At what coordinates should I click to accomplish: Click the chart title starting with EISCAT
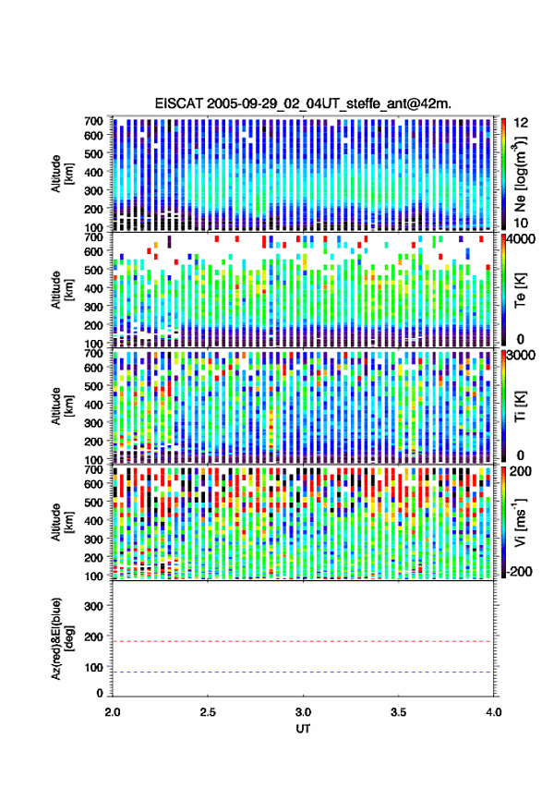click(x=303, y=103)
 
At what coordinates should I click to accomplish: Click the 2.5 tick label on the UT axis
click(x=208, y=712)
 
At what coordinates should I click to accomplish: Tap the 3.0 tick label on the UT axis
click(x=303, y=712)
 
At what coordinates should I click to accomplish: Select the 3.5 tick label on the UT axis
click(x=398, y=712)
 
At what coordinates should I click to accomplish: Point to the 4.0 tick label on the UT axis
click(x=493, y=712)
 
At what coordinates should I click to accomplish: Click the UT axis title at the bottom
click(x=303, y=729)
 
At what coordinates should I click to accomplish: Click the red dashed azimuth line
click(x=302, y=642)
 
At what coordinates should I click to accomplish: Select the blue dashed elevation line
click(x=302, y=673)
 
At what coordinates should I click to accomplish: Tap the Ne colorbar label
click(x=520, y=174)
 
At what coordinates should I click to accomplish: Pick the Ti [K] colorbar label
click(x=520, y=406)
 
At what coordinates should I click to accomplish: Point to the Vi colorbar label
click(x=520, y=522)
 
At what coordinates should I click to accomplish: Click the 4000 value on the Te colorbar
click(x=520, y=241)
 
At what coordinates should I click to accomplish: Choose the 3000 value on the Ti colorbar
click(x=520, y=356)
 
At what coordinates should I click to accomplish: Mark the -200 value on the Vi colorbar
click(x=520, y=571)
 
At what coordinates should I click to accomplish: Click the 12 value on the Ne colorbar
click(x=521, y=123)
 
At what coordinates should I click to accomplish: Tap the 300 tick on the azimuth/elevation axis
click(x=93, y=606)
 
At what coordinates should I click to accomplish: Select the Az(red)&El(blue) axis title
click(x=62, y=638)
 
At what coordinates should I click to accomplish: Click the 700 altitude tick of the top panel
click(x=93, y=121)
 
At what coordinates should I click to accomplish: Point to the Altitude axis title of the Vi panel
click(x=62, y=522)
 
